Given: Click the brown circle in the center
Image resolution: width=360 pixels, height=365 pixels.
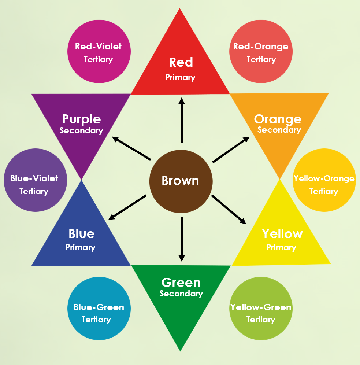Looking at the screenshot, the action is [181, 181].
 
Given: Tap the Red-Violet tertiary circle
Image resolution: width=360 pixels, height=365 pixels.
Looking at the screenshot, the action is [99, 51].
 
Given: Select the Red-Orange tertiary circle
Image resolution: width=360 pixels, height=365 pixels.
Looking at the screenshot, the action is [261, 51].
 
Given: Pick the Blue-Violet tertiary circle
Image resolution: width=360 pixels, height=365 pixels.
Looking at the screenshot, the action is [36, 180].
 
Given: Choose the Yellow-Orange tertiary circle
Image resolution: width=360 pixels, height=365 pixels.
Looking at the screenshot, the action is [324, 180].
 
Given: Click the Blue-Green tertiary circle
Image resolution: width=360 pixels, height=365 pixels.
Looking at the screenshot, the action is [99, 309].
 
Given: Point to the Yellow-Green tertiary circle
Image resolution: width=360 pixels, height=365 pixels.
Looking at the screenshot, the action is [261, 309].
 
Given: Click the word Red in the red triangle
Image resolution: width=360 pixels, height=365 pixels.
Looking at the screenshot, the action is [181, 62].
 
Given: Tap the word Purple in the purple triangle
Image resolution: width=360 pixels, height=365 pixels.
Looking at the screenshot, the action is [81, 119].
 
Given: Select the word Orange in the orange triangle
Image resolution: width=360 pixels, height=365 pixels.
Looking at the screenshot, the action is [278, 119].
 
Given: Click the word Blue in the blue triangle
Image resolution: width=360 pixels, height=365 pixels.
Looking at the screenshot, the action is [82, 234].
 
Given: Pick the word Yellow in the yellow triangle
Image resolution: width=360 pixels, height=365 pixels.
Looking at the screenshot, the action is [282, 234].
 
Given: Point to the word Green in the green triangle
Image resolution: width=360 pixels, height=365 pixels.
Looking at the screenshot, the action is [181, 283].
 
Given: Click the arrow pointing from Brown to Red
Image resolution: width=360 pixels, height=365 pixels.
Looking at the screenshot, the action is [182, 120].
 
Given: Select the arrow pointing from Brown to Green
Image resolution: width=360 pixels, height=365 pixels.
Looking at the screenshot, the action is [182, 239].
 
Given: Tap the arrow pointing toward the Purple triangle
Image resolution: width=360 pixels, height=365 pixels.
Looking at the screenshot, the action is [131, 148].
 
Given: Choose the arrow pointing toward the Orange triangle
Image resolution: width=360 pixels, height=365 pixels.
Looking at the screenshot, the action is [231, 150].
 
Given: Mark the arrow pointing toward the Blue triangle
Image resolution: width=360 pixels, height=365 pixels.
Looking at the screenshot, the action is [127, 207].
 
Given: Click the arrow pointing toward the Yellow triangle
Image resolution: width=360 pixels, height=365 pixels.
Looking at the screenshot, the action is [229, 210].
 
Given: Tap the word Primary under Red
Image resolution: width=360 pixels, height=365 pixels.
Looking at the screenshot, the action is [181, 78].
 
